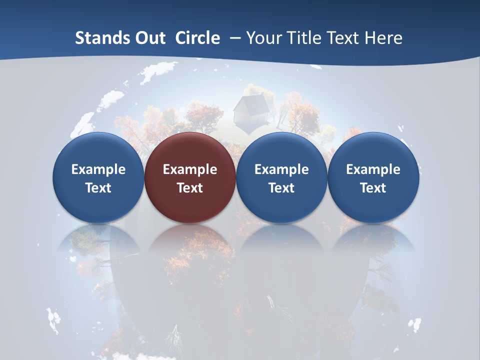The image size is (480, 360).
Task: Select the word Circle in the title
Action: click(197, 38)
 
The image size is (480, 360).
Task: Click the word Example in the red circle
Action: click(190, 169)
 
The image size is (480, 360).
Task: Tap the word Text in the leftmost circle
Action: click(98, 188)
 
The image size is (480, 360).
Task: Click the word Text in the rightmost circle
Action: click(373, 188)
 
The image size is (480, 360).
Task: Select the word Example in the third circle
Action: click(281, 169)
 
